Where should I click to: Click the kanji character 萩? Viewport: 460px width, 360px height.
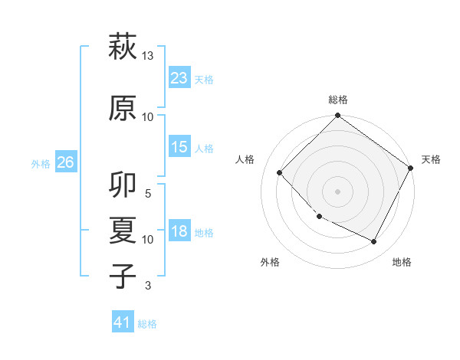(123, 47)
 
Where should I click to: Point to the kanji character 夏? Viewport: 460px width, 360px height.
(123, 231)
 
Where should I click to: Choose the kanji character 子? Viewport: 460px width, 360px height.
(123, 275)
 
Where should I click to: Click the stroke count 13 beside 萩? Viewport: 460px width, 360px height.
(148, 56)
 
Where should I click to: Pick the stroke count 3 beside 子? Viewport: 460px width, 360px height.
(149, 286)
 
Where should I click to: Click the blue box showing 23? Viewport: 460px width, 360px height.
(179, 78)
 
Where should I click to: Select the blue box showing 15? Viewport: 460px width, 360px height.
(179, 148)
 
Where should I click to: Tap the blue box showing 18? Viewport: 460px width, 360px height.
(179, 232)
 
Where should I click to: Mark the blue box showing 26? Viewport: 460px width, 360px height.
(65, 162)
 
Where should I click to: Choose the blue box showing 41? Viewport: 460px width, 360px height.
(123, 323)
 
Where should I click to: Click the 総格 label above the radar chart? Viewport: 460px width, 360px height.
(338, 100)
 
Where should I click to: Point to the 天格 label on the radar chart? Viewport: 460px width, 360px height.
(431, 159)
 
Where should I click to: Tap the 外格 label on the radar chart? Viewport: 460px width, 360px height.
(270, 262)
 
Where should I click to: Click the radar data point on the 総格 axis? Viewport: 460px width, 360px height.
(337, 116)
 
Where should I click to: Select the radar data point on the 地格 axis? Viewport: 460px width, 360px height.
(374, 242)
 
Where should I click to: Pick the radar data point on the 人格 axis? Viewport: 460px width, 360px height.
(280, 172)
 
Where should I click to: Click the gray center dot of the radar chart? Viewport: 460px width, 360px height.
(337, 191)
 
